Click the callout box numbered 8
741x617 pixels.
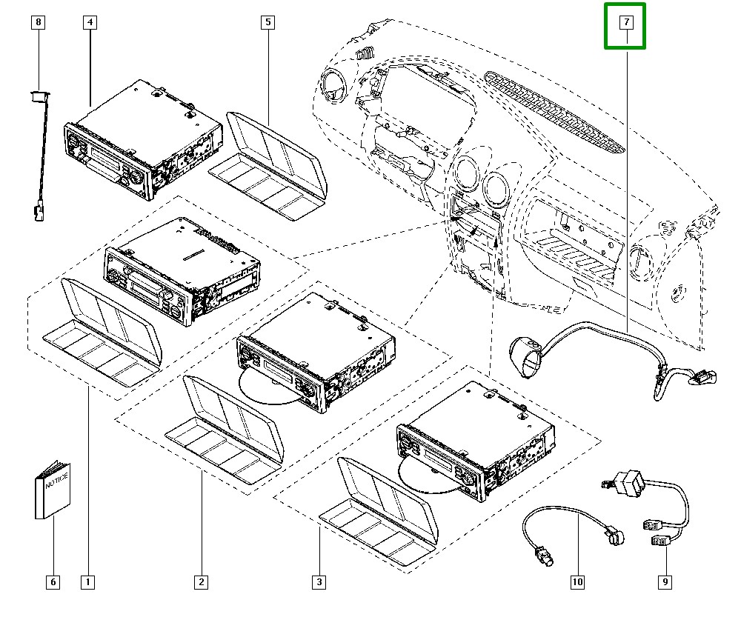(39, 23)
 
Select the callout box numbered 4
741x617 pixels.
(89, 23)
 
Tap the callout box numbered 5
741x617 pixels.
(267, 23)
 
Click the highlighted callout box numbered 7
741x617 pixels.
(625, 25)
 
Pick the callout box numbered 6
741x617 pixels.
(53, 582)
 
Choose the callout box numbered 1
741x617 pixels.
(88, 582)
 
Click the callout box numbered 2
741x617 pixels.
(201, 582)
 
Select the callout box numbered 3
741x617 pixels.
(319, 582)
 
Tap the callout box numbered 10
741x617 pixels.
(577, 582)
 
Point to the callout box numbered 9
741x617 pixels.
(665, 582)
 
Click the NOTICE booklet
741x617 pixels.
(52, 490)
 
